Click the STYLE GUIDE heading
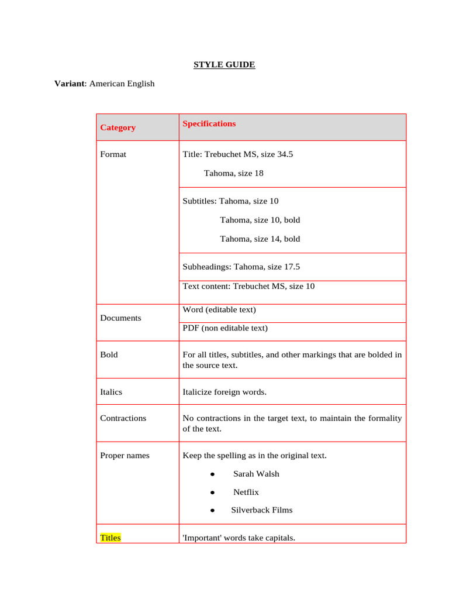(224, 65)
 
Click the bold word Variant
(70, 84)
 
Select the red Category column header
(118, 128)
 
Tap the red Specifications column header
(209, 123)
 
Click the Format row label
(113, 154)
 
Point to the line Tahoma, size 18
(234, 173)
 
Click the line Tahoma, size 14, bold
(260, 239)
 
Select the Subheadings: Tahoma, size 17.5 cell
(241, 267)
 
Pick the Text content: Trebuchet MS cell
(248, 286)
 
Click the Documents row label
(120, 318)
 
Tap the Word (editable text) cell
(219, 309)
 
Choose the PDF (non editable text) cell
(225, 328)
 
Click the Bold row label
(109, 354)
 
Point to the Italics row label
(111, 392)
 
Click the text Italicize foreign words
(224, 392)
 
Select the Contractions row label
(123, 418)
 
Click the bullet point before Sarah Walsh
(213, 474)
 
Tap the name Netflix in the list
(246, 492)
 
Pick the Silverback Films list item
(261, 510)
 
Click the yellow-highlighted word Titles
(110, 538)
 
